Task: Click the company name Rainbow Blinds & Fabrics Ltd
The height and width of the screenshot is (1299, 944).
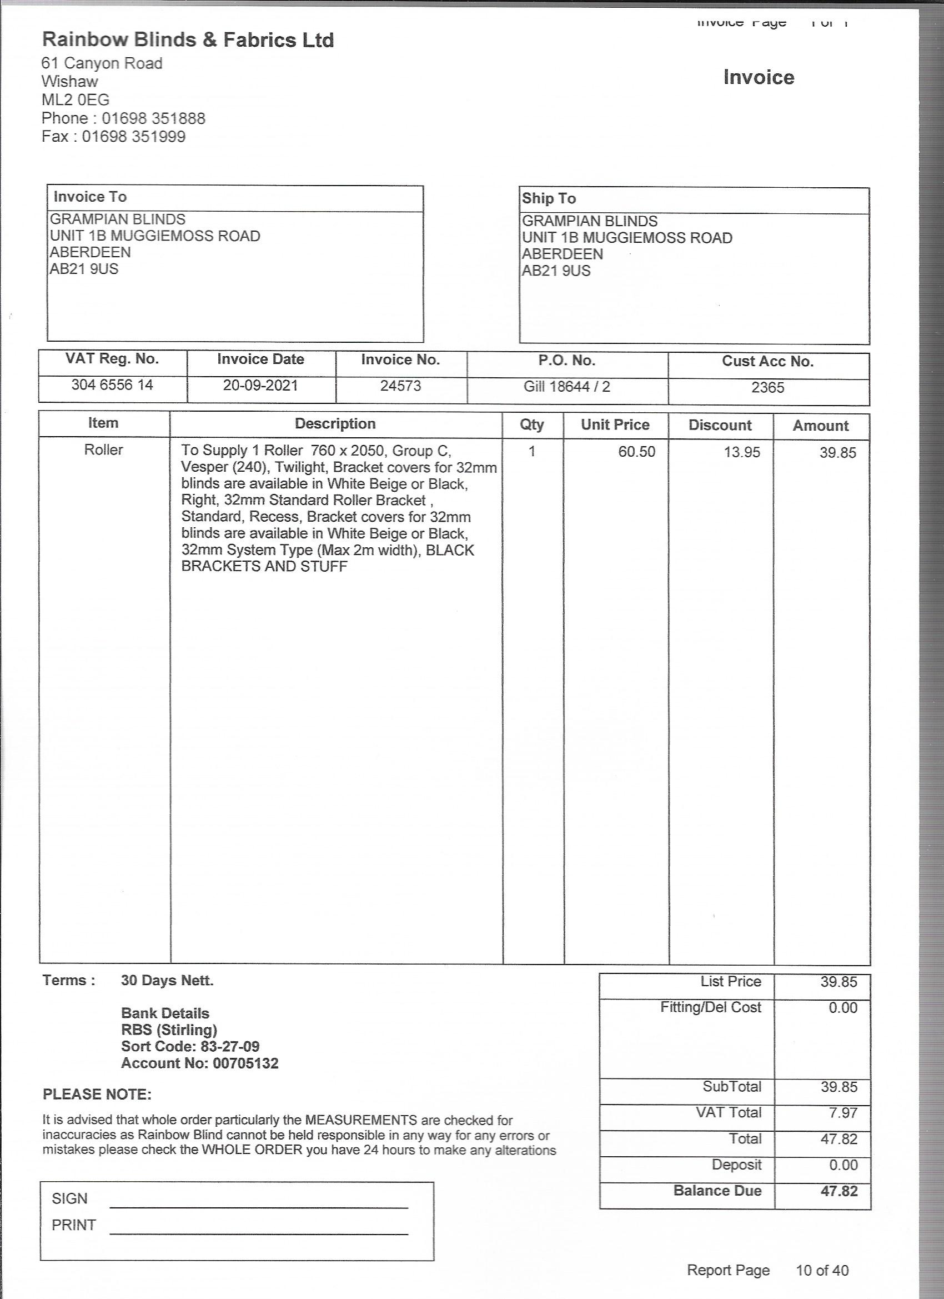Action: [188, 40]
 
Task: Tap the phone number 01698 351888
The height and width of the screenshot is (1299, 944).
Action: [153, 118]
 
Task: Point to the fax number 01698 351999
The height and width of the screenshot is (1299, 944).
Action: [133, 137]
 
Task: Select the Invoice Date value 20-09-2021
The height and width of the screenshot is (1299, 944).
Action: [260, 386]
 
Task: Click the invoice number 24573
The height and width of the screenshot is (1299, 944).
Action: [401, 386]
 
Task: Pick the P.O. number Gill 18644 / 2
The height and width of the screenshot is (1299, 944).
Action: [567, 387]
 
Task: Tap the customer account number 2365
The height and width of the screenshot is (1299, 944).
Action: [767, 388]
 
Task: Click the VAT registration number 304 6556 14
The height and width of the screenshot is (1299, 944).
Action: [112, 385]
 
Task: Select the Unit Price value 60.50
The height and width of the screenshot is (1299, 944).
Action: [636, 452]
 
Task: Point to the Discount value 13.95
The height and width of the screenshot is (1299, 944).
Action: [742, 452]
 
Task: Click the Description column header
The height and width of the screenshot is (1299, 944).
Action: [335, 424]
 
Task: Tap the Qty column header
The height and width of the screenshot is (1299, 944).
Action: [532, 424]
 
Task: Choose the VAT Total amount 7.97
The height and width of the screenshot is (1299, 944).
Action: [843, 1113]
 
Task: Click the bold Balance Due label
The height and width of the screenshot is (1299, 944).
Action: [717, 1191]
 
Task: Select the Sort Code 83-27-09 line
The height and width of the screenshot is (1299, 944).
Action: [190, 1046]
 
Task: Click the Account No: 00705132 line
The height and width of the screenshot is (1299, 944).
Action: [200, 1063]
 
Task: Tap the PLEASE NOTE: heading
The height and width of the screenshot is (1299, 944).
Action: [97, 1095]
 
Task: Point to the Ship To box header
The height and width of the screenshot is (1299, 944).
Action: [549, 199]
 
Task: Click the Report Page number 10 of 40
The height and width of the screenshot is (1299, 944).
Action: [822, 1270]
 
